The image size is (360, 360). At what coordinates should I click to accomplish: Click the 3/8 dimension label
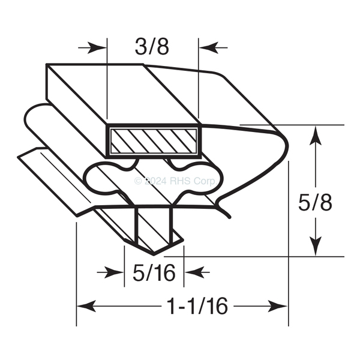coord(152,47)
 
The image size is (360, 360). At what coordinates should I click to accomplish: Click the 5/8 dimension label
coord(315,203)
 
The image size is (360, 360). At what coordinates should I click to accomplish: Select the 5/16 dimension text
coord(154,273)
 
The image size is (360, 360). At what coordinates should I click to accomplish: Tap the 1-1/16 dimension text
coord(198,306)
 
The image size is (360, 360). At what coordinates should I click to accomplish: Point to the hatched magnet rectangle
coord(154,141)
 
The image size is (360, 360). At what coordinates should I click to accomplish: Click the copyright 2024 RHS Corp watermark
coord(176,181)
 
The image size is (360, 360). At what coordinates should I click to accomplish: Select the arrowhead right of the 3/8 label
coord(208,48)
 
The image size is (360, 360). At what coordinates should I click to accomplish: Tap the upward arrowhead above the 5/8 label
coord(316,136)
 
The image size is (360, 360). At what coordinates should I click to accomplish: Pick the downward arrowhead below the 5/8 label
coord(316,246)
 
